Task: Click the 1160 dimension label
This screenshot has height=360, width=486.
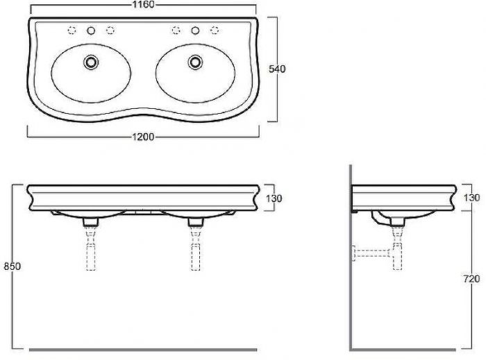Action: point(143,4)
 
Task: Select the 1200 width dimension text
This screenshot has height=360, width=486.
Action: point(143,137)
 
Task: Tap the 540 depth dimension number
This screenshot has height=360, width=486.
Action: point(277,69)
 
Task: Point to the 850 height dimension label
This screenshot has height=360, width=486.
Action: point(12,266)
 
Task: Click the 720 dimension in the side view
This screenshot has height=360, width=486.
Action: point(471,279)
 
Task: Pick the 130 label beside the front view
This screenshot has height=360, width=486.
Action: point(274,198)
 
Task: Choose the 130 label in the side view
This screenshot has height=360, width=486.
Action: point(471,198)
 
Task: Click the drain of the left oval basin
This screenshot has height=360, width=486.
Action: point(91,62)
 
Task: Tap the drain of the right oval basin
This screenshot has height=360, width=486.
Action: point(195,62)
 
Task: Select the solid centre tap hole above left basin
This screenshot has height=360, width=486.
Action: point(91,31)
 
